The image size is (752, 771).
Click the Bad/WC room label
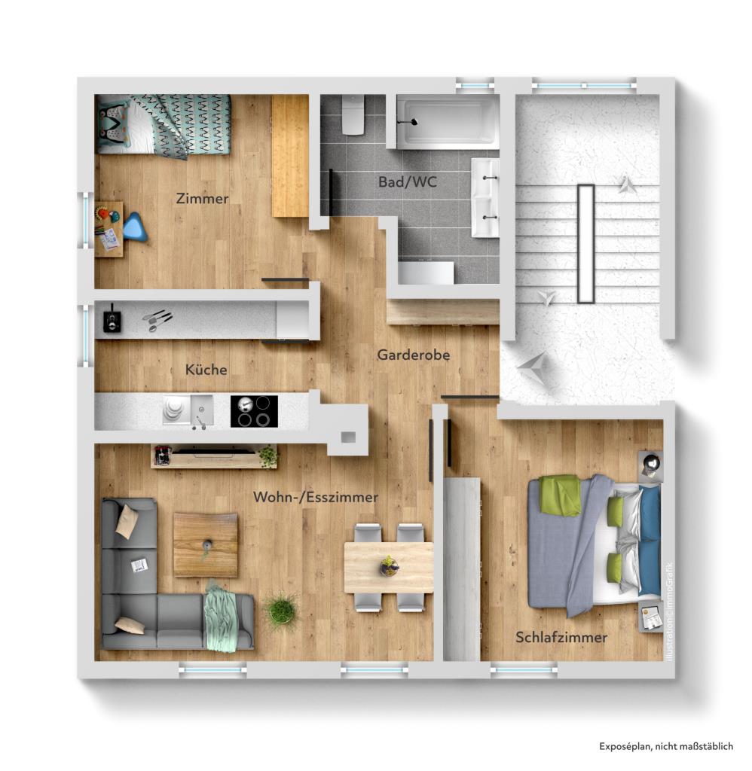(x=408, y=182)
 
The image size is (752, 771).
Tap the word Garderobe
(x=414, y=355)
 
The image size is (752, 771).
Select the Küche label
(x=206, y=370)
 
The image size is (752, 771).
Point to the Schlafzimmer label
(x=561, y=638)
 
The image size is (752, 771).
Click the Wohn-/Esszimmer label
(x=316, y=498)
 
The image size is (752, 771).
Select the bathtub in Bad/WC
(x=448, y=121)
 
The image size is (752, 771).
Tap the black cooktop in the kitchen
(x=254, y=411)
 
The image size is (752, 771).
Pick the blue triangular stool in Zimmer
(x=136, y=227)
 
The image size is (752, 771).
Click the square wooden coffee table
(x=206, y=544)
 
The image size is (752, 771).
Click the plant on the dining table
(x=389, y=565)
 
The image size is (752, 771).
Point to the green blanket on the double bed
(x=560, y=495)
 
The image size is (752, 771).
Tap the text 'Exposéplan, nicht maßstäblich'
(x=666, y=746)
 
